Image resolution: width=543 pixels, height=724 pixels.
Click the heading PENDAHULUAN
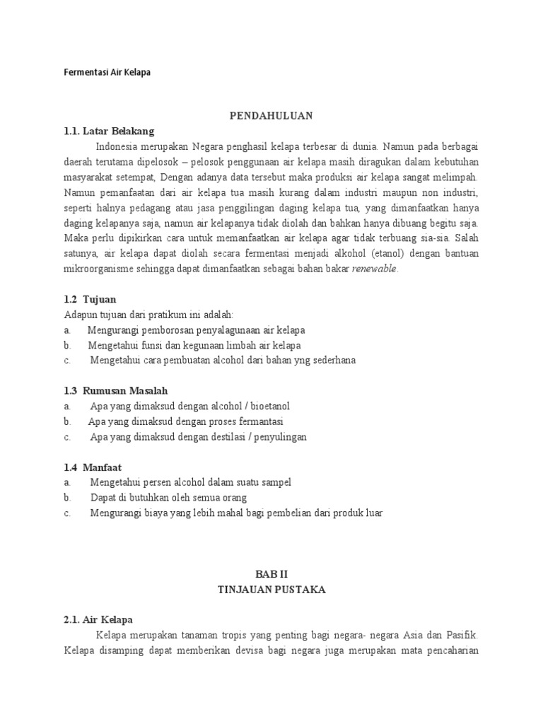point(271,115)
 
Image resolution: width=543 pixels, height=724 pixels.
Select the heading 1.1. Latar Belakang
point(107,131)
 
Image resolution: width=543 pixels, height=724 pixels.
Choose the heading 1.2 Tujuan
point(90,299)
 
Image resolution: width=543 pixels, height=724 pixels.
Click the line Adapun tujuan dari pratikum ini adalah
point(148,315)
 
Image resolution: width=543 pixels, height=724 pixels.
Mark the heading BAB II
point(271,575)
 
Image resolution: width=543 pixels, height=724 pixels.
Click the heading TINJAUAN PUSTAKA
point(271,590)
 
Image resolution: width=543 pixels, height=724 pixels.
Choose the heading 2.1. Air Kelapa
point(93,620)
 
